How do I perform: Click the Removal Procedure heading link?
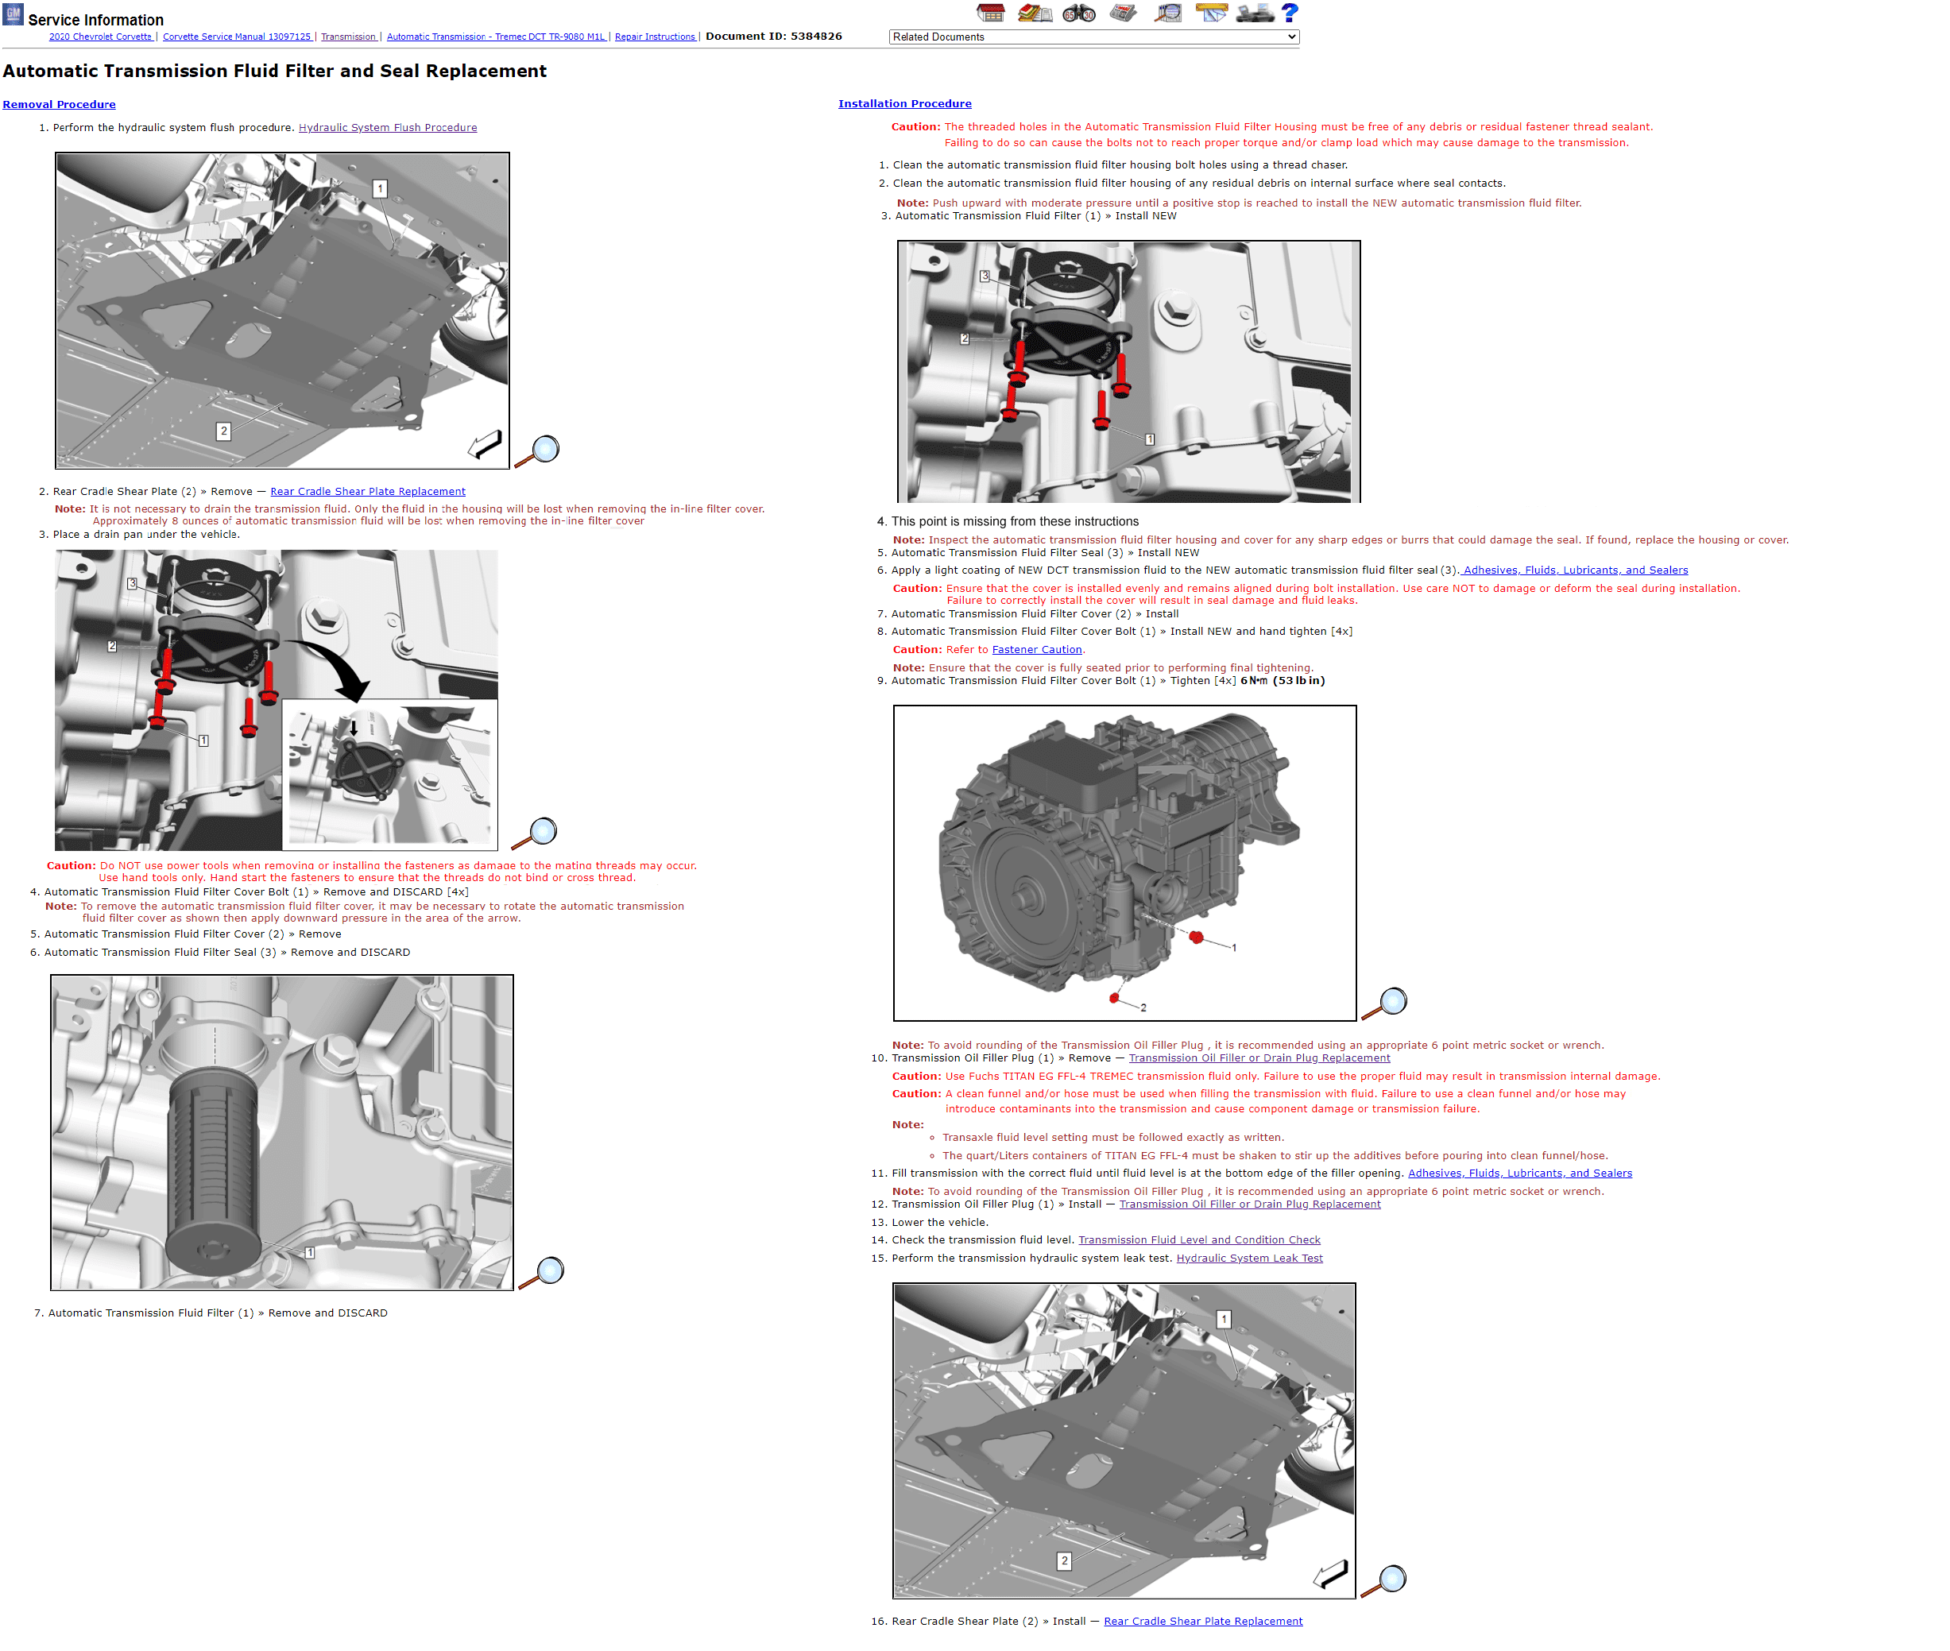click(x=59, y=105)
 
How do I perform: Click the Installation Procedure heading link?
click(x=904, y=104)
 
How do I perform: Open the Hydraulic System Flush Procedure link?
click(x=388, y=128)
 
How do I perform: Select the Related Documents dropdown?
click(x=1093, y=37)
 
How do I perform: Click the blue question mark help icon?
click(x=1290, y=13)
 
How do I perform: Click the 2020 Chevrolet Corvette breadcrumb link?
click(x=100, y=37)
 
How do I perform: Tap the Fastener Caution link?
click(x=1036, y=650)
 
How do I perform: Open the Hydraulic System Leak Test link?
click(x=1249, y=1259)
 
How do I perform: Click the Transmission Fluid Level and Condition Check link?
click(x=1199, y=1240)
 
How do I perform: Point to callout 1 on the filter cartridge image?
click(x=310, y=1252)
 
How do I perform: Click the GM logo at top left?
click(x=13, y=14)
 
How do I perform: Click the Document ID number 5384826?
click(x=815, y=37)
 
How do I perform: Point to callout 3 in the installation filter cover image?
click(x=985, y=277)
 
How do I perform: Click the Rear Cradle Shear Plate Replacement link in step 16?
click(x=1203, y=1622)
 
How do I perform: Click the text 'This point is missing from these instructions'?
click(x=1015, y=522)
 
